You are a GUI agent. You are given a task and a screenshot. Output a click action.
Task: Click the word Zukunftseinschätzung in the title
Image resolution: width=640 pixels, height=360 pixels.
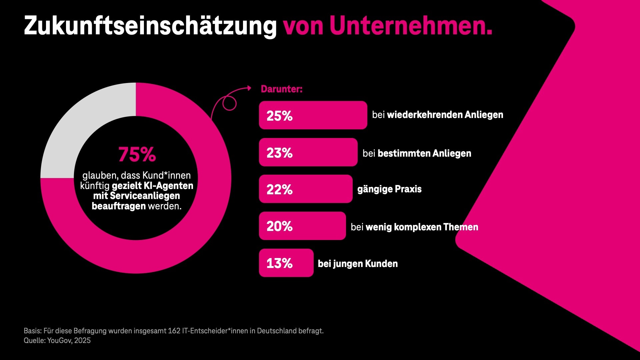150,26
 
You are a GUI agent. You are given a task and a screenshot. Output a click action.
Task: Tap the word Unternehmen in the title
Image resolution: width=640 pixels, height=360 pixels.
411,26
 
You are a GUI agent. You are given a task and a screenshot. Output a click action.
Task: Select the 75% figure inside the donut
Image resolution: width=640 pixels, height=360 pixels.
137,154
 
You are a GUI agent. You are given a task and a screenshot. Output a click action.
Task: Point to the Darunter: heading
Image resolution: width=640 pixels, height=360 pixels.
282,89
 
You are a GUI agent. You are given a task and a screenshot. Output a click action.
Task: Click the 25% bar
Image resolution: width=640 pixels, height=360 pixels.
313,115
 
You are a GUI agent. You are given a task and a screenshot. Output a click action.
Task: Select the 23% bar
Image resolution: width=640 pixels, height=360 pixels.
308,152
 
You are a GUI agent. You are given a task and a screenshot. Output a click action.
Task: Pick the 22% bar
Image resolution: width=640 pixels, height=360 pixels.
305,189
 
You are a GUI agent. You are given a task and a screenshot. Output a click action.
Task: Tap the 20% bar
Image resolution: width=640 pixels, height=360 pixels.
302,226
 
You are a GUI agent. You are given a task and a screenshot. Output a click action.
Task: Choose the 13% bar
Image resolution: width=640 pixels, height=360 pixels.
286,263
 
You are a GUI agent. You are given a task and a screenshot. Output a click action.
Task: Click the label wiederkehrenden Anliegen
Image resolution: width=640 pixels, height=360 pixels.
445,115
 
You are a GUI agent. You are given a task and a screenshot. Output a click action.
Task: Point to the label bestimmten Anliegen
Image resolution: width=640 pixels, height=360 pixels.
424,153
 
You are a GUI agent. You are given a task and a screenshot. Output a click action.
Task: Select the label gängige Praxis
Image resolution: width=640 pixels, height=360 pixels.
389,189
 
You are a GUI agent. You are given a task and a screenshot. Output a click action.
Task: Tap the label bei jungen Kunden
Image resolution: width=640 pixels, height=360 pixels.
358,264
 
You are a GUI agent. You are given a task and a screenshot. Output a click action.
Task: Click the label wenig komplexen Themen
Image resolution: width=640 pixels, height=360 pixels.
422,227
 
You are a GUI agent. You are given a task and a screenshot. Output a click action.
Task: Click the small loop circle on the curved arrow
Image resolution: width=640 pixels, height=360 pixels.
229,103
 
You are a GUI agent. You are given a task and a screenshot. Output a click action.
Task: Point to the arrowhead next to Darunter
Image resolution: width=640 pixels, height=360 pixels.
249,88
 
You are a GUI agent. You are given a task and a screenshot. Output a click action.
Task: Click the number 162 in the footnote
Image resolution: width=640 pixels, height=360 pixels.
174,331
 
